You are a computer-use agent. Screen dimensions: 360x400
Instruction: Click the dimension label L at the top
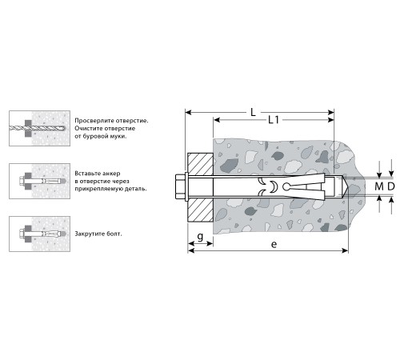[253, 113]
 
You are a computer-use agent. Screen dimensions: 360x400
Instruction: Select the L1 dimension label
[273, 121]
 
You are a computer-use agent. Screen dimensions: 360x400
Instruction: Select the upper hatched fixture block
[201, 166]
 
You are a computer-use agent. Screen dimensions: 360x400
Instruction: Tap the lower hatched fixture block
[201, 209]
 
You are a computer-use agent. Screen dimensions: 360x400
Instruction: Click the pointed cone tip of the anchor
[341, 187]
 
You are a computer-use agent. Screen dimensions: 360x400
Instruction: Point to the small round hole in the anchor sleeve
[273, 187]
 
